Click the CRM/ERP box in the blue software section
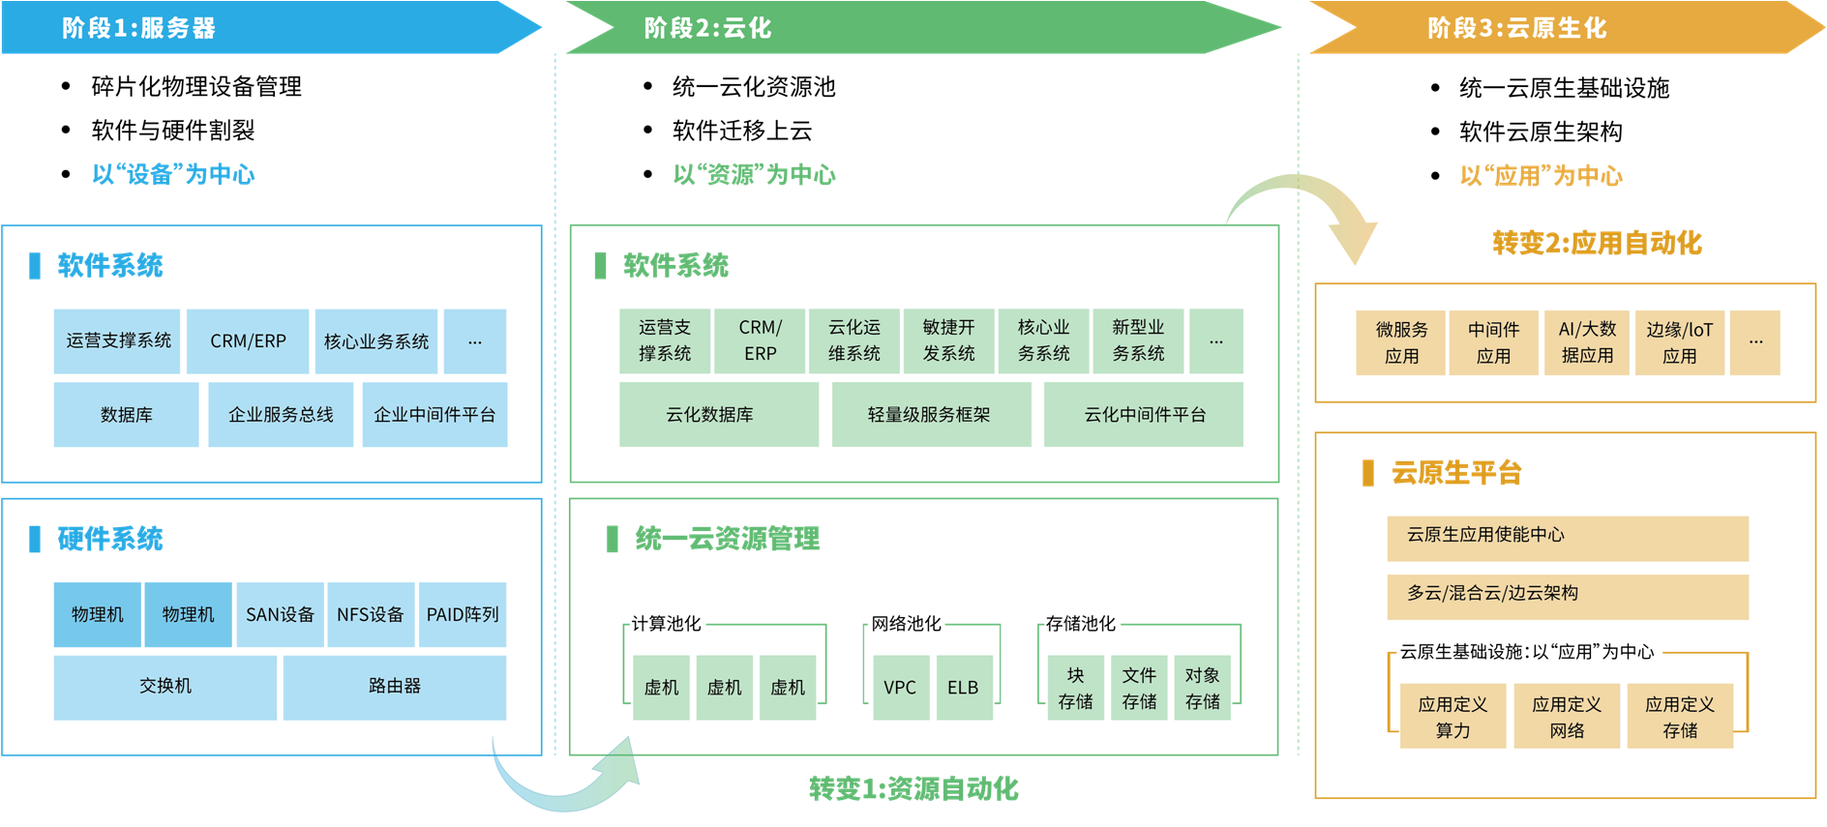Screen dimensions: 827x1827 (x=248, y=341)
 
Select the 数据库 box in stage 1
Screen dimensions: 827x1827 (x=126, y=415)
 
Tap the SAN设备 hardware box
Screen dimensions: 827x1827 (x=280, y=614)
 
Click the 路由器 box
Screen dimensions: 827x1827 (x=394, y=687)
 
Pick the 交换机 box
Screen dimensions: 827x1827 (x=165, y=687)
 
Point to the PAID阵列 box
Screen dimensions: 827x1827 (x=463, y=614)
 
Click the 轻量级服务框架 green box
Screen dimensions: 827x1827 (x=929, y=415)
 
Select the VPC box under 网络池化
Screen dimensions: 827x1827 (x=900, y=688)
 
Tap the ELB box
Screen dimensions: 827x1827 (x=963, y=688)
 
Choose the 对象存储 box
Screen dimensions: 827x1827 (x=1203, y=688)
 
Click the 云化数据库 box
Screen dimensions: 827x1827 (x=709, y=415)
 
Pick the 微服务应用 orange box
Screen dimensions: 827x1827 (x=1401, y=342)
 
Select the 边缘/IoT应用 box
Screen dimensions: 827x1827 (x=1679, y=342)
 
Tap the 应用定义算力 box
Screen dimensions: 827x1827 (x=1453, y=717)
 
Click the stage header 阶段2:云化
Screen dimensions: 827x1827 (x=708, y=28)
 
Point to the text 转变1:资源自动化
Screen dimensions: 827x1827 (x=913, y=789)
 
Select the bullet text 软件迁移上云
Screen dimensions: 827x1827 (x=742, y=131)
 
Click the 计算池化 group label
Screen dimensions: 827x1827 (x=666, y=624)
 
